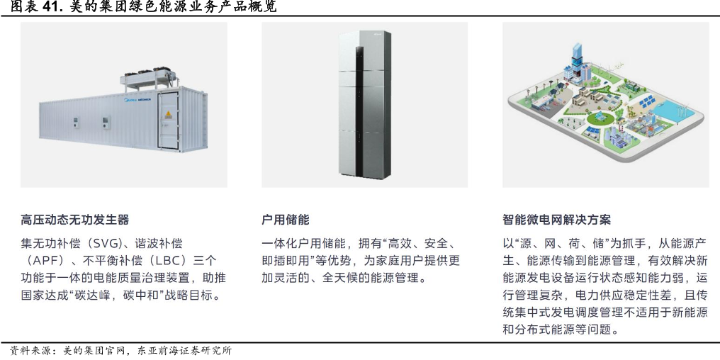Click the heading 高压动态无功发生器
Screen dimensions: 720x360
(x=75, y=220)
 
